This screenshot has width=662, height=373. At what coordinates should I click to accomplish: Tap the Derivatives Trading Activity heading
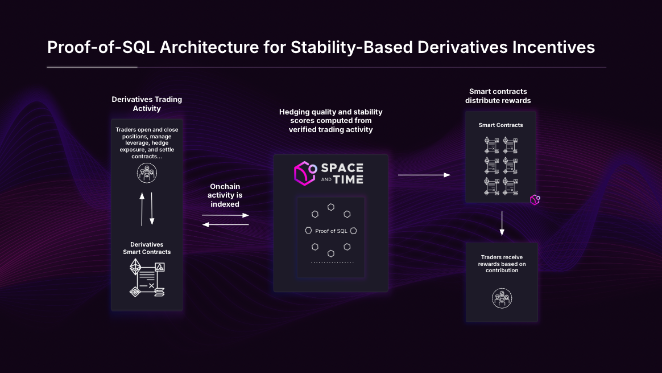tap(147, 104)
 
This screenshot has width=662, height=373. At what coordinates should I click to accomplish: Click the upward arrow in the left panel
tap(142, 208)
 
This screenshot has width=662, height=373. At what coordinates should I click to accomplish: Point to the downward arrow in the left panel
tap(152, 208)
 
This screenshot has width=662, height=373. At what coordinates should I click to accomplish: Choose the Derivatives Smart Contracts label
tap(147, 248)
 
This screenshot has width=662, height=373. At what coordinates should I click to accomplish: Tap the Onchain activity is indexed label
tap(225, 195)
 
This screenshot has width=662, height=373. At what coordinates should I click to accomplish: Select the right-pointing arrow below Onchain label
tap(225, 216)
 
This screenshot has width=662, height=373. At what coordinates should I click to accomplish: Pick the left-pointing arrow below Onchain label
tap(225, 224)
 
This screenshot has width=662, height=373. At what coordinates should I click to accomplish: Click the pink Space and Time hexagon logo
tap(305, 174)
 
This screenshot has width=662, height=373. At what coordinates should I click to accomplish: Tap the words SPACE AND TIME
tap(342, 173)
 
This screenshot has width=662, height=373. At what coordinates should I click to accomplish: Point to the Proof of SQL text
tap(331, 231)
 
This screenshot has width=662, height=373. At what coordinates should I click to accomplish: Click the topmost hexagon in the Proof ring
tap(330, 207)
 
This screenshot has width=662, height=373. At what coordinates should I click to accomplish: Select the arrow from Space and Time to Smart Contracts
tap(424, 175)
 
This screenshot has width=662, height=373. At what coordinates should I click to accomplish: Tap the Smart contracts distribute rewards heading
tap(498, 96)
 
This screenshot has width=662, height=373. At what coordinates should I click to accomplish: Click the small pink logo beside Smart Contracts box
tap(535, 200)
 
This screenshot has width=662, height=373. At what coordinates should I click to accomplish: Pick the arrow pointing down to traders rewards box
tap(502, 223)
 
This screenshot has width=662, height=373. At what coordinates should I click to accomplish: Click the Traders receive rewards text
tap(502, 264)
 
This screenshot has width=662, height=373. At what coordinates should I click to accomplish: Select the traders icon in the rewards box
tap(502, 298)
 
